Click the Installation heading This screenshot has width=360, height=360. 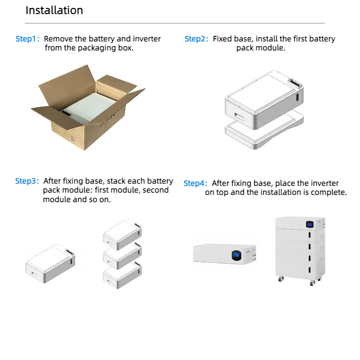pyautogui.click(x=54, y=10)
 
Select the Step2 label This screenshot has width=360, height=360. pyautogui.click(x=196, y=39)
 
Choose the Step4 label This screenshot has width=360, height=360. pyautogui.click(x=195, y=184)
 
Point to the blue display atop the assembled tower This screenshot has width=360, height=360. pyautogui.click(x=309, y=224)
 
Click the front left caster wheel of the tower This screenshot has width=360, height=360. pyautogui.click(x=280, y=279)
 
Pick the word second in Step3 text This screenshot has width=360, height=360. pyautogui.click(x=156, y=190)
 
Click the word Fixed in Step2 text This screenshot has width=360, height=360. pyautogui.click(x=222, y=39)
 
